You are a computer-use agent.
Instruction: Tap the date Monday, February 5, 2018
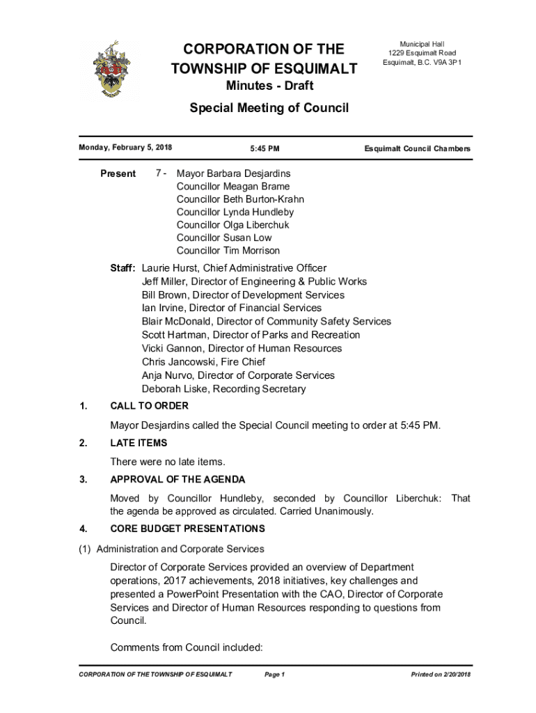tap(125, 148)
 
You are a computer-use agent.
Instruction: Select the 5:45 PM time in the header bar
tap(265, 148)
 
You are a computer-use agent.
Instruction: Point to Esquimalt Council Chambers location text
tap(418, 148)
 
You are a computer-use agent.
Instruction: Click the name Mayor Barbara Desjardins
tap(233, 173)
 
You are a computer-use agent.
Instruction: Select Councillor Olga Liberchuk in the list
tap(232, 225)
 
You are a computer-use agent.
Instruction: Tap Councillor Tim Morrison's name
tap(228, 251)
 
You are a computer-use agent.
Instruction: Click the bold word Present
tap(118, 173)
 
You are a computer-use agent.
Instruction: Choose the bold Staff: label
tap(123, 268)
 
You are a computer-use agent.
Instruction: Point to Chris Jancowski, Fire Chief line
tap(203, 362)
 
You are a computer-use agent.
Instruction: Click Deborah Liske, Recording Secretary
tap(223, 389)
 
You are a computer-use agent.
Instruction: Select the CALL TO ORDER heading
tap(149, 406)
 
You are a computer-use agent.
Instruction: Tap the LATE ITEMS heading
tap(139, 443)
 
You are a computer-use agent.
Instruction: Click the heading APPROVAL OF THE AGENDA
tap(178, 480)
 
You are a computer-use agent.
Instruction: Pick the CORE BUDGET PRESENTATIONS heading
tap(187, 528)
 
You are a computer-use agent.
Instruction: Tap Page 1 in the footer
tap(275, 675)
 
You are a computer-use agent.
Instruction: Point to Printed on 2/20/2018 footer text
tap(441, 675)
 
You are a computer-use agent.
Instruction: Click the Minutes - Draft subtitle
tap(269, 86)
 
